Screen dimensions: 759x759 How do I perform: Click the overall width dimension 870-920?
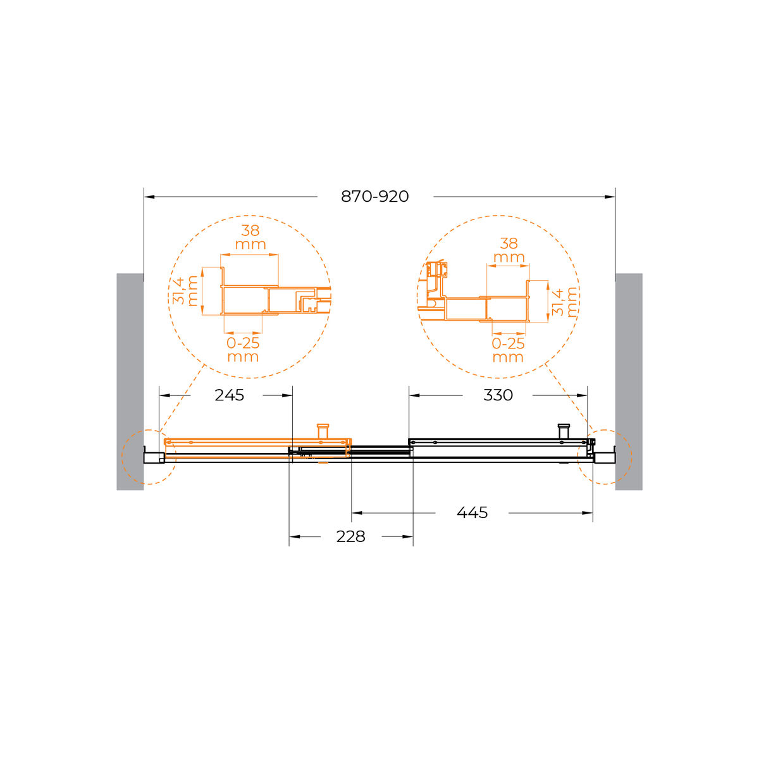374,196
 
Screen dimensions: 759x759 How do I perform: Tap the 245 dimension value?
229,395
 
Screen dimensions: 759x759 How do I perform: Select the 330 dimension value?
498,395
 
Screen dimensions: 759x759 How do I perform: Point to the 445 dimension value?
472,512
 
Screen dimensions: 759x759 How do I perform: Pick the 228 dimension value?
350,536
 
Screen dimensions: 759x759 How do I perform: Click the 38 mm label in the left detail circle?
250,237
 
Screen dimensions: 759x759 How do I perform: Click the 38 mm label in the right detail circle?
509,250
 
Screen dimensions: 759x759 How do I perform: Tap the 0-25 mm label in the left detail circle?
243,350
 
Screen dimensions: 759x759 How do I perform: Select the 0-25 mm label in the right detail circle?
508,350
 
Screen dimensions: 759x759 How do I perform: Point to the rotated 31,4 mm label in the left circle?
185,291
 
